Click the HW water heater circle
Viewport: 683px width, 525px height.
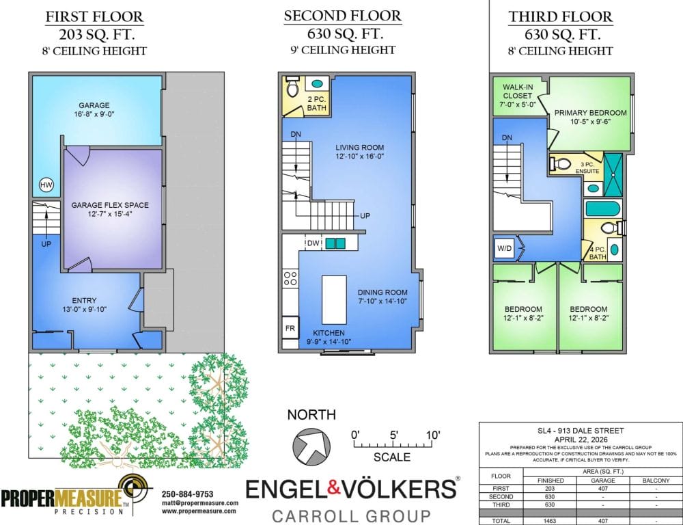tap(46, 185)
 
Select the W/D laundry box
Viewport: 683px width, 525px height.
tap(505, 249)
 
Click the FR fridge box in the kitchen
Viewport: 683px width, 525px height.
tap(290, 328)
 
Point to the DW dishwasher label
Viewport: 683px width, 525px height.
tap(313, 243)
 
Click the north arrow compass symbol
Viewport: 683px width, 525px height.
tap(311, 446)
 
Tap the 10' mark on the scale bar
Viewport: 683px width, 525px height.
tap(433, 435)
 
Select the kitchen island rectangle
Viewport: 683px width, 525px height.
tap(334, 299)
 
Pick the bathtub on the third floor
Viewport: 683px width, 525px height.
tap(602, 208)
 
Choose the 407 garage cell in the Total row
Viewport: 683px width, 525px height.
tap(603, 521)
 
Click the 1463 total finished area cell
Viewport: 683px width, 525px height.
tap(550, 521)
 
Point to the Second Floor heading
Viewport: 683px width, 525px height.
tap(343, 16)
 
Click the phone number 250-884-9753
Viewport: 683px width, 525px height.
tap(188, 494)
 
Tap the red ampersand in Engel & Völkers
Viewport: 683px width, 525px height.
tap(333, 488)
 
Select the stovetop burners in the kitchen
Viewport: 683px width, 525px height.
tap(290, 278)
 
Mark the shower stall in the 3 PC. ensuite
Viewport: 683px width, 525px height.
tap(613, 174)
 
